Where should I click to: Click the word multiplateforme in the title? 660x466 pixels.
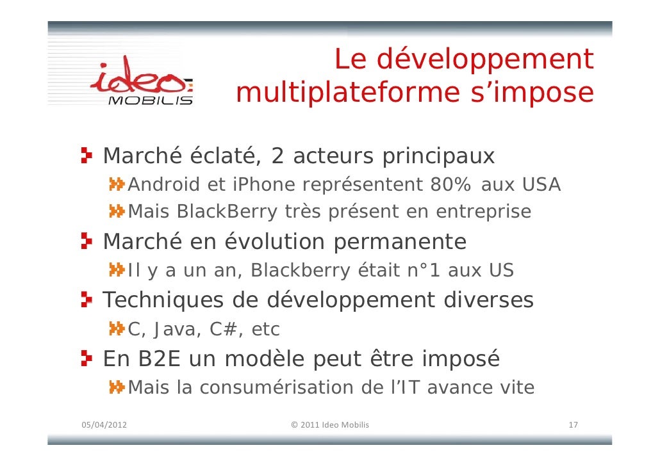coord(347,93)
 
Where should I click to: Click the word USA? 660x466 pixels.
coord(541,185)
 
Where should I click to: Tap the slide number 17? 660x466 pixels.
coord(573,425)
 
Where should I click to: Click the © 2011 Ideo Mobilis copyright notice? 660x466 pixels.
coord(329,425)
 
